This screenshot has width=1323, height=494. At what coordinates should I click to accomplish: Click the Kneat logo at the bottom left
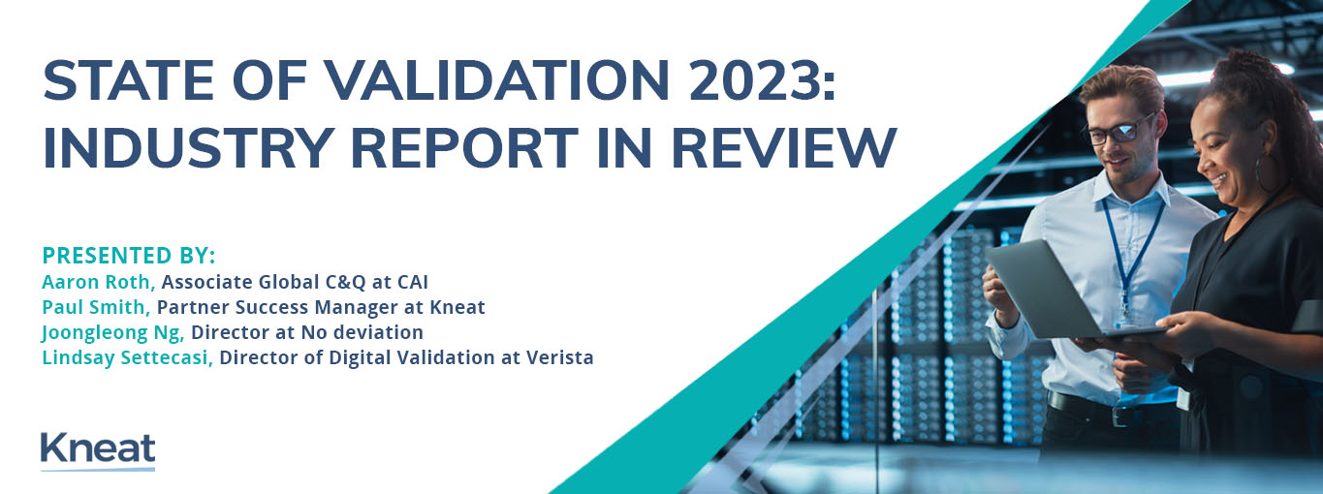pyautogui.click(x=98, y=451)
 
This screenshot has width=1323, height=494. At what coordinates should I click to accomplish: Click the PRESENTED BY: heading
pyautogui.click(x=129, y=256)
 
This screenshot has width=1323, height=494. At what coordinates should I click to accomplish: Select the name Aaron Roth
pyautogui.click(x=99, y=282)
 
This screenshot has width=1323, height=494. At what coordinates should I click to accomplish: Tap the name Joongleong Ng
pyautogui.click(x=113, y=333)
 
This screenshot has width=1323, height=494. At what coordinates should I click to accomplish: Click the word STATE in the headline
pyautogui.click(x=128, y=80)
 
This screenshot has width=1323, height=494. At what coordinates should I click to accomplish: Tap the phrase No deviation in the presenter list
pyautogui.click(x=362, y=333)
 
